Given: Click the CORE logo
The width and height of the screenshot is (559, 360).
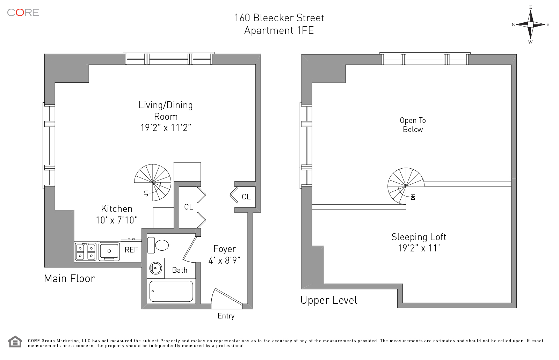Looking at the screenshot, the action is point(23,13).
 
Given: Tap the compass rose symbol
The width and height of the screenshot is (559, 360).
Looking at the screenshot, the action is point(530,24).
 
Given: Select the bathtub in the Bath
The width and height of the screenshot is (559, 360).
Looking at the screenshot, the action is point(171,291).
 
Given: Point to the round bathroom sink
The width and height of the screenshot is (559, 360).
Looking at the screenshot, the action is point(156,269).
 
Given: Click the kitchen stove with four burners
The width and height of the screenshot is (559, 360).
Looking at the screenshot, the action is point(86,252).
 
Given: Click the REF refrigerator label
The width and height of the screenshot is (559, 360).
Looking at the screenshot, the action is point(131,250).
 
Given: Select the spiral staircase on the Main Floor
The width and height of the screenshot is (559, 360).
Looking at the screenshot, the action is point(153,182).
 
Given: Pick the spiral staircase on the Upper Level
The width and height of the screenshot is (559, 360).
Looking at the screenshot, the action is point(406,186).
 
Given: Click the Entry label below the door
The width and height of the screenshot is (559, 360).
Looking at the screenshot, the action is point(226,316).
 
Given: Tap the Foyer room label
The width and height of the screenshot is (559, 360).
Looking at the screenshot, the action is point(225,249).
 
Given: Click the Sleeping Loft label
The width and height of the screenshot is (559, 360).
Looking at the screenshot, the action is point(419,237).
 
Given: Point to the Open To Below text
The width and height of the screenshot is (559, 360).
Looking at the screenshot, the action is point(413,125).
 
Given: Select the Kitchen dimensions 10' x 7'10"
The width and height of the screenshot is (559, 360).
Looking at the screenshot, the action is point(117,220).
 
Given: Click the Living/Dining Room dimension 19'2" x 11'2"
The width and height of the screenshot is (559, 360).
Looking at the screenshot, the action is point(166,128).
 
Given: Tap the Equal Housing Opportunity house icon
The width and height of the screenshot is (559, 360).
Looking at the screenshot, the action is point(15,341).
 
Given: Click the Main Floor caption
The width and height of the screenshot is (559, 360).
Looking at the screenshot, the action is point(70,278).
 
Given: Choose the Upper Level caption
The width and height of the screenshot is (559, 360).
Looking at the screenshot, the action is point(329,300).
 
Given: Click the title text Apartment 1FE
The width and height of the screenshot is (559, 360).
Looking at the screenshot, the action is point(279,30).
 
